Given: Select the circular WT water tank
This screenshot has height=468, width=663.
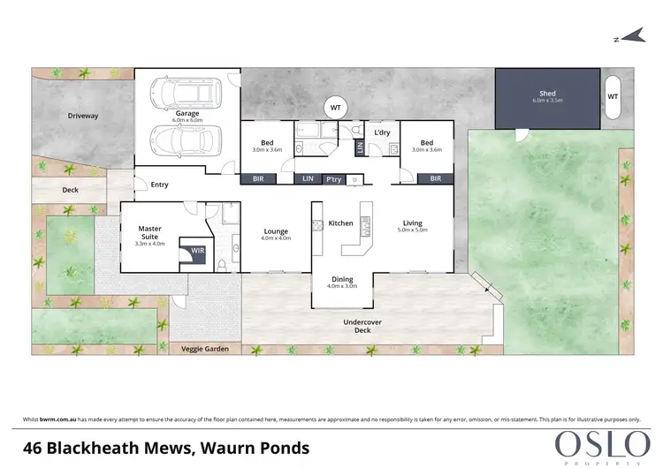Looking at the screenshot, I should point(335,108).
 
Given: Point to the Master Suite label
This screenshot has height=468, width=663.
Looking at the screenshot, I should point(149,233).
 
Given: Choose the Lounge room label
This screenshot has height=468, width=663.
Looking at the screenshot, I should point(276,233).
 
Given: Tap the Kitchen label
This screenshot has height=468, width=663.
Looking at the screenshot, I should point(341,223).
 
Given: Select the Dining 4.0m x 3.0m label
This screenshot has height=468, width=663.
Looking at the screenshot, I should point(341,282).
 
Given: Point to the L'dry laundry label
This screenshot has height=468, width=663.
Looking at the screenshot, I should point(382,132).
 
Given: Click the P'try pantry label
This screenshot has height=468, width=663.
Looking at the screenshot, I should point(334,179).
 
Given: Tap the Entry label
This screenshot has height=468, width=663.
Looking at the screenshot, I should point(160,185).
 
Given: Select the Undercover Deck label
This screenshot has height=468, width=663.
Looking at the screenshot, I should point(362,328).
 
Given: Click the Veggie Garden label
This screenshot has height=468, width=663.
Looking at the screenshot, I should point(206,350).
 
